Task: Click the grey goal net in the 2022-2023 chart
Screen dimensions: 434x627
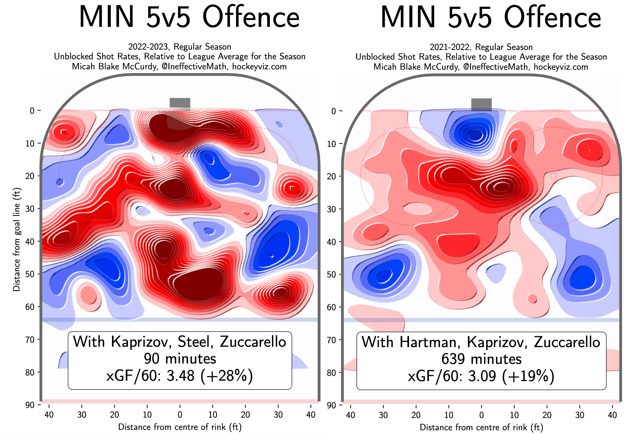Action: click(x=180, y=104)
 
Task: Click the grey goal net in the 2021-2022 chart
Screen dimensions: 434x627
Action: click(x=481, y=104)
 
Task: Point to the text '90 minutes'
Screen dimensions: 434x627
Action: click(x=180, y=359)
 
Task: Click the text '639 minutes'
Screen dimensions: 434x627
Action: click(x=481, y=359)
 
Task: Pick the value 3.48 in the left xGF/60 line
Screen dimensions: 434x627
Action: click(x=181, y=376)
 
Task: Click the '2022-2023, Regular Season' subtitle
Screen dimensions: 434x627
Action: click(x=180, y=47)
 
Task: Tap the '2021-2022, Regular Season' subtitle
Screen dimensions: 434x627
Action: click(x=481, y=47)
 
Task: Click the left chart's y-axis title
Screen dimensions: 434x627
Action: click(x=16, y=239)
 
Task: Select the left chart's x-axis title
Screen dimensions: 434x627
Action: click(x=180, y=427)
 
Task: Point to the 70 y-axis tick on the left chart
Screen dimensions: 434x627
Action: click(x=30, y=340)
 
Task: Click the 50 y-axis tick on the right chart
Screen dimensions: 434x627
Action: click(x=331, y=274)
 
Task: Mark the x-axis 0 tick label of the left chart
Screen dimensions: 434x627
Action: click(x=180, y=415)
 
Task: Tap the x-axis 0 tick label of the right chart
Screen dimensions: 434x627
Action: click(x=481, y=415)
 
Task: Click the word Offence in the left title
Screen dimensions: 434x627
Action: click(x=251, y=17)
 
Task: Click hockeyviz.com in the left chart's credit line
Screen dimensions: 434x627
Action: click(x=259, y=66)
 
